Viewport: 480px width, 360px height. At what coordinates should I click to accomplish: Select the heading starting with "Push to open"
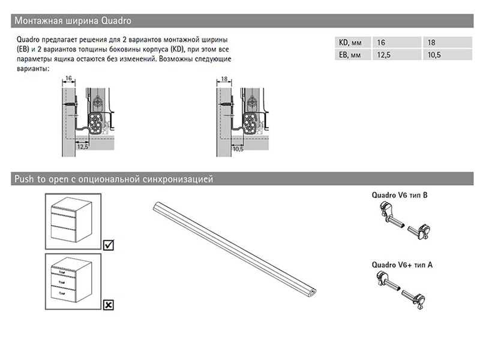pos(113,179)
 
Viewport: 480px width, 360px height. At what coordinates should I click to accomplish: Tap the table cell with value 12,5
pos(379,56)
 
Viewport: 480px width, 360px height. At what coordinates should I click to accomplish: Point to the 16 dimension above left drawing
pos(68,79)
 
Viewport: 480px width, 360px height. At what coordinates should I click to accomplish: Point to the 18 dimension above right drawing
pos(223,79)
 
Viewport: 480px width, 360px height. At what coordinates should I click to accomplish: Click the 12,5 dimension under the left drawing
pos(83,146)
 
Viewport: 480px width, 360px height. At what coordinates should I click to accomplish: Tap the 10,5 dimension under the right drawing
pos(237,148)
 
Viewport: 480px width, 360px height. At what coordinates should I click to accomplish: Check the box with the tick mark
pos(109,245)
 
